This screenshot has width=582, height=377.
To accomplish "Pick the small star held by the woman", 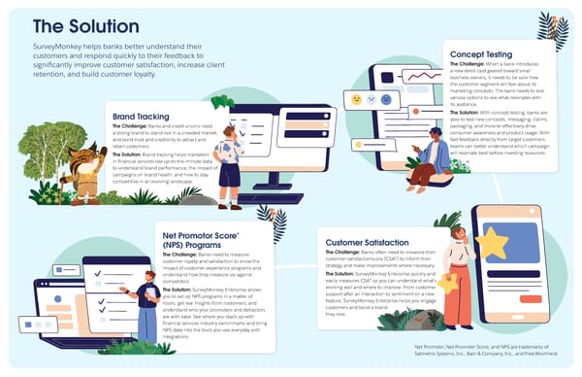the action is [449, 284].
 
